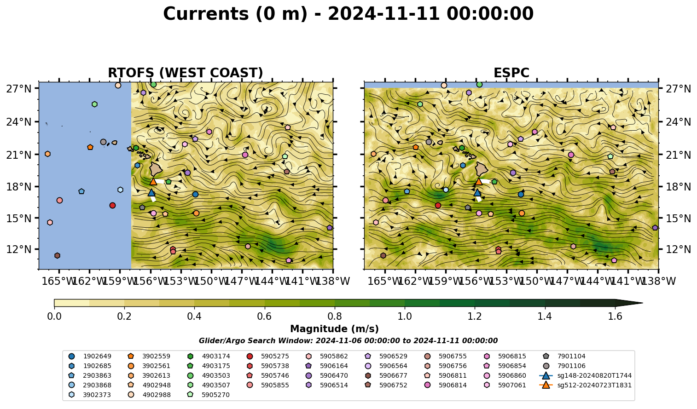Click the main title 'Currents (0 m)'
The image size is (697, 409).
[235, 14]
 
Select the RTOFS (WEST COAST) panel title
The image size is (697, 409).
[186, 73]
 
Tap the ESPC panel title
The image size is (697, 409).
[511, 73]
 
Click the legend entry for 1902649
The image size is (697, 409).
[90, 356]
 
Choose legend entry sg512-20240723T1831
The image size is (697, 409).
[585, 385]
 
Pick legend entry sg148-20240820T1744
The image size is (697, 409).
[585, 375]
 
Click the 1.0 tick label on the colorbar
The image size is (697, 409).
[405, 317]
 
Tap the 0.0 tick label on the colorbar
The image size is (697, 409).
[54, 317]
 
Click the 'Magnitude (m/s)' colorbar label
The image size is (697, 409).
[335, 329]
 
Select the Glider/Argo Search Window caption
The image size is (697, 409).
[348, 340]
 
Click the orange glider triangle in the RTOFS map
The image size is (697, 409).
[153, 182]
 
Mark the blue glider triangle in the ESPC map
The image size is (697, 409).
[477, 192]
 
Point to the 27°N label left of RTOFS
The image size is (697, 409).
[19, 89]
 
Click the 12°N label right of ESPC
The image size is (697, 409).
[678, 249]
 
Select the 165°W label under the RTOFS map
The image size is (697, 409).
[59, 281]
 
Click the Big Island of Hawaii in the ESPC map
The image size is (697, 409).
[482, 169]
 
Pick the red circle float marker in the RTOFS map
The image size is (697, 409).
[113, 205]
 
